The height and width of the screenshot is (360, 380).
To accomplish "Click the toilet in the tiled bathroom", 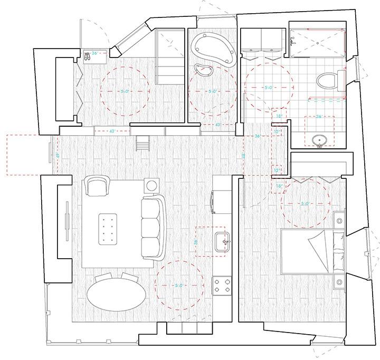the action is [x=328, y=82].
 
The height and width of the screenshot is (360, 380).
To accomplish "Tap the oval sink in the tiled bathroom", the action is [x=318, y=140].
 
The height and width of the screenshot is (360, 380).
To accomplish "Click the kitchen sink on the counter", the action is [x=225, y=242].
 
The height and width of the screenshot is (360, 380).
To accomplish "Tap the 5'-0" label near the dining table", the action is [x=178, y=286].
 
